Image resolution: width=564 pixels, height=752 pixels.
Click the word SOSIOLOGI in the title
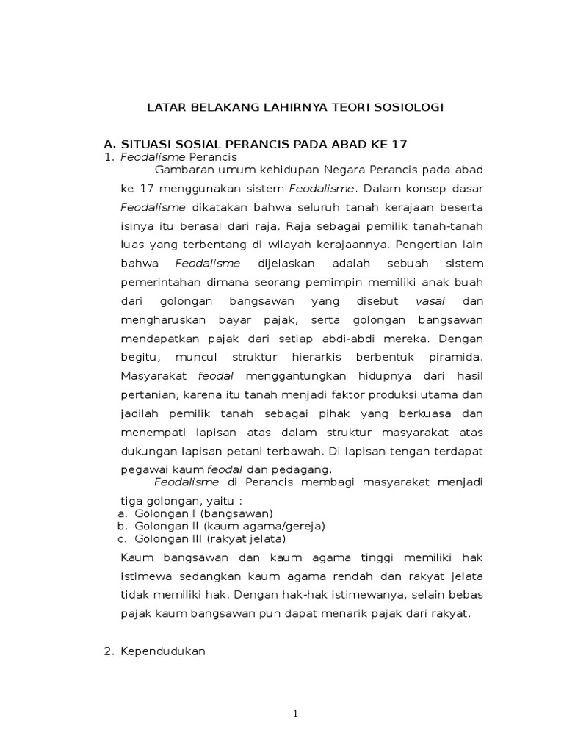pyautogui.click(x=409, y=107)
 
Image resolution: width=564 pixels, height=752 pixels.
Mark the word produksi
pyautogui.click(x=388, y=395)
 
